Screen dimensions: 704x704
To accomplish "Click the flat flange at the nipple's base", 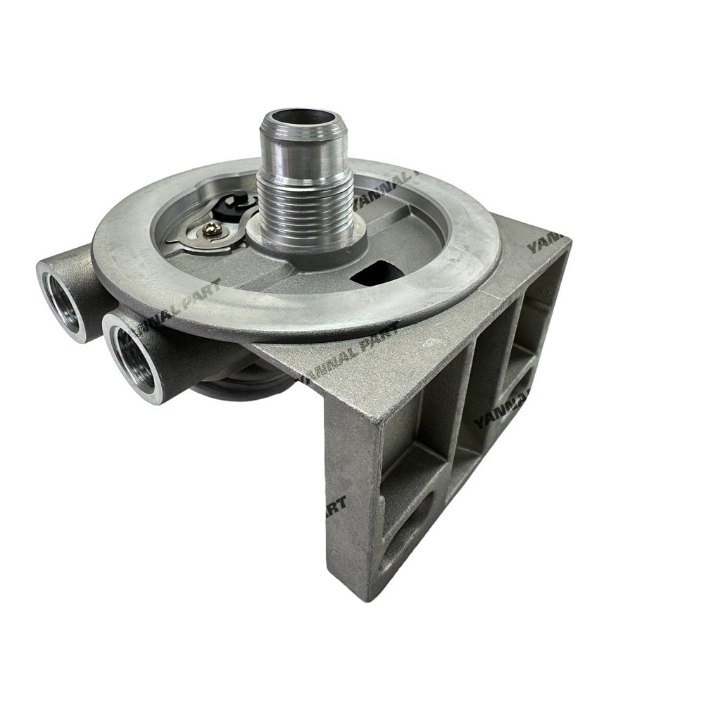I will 310,243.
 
